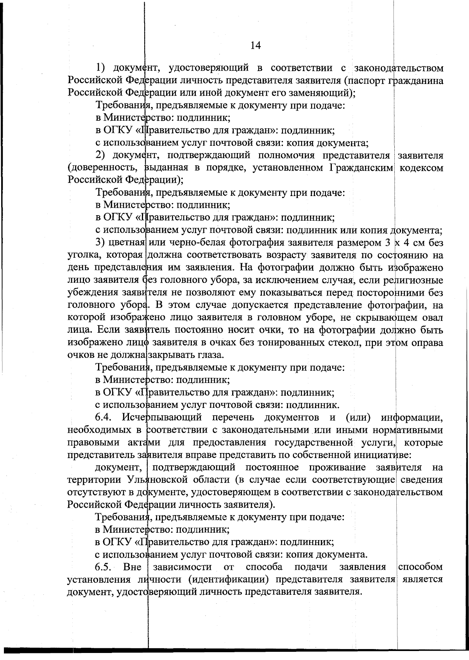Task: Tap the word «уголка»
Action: point(84,255)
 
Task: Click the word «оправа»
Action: point(428,343)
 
